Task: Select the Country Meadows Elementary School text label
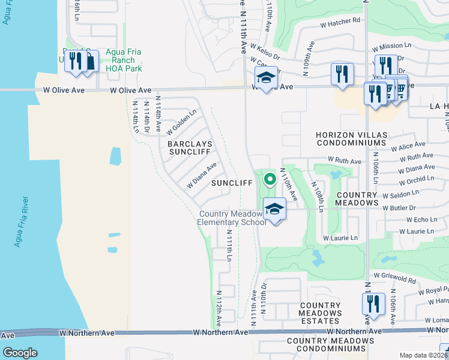232,218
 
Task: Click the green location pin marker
270,178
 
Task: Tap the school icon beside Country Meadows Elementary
274,209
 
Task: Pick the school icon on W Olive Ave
265,77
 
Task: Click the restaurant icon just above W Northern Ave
372,303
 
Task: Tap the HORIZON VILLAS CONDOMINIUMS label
351,139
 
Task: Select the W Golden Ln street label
182,122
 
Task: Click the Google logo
20,352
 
